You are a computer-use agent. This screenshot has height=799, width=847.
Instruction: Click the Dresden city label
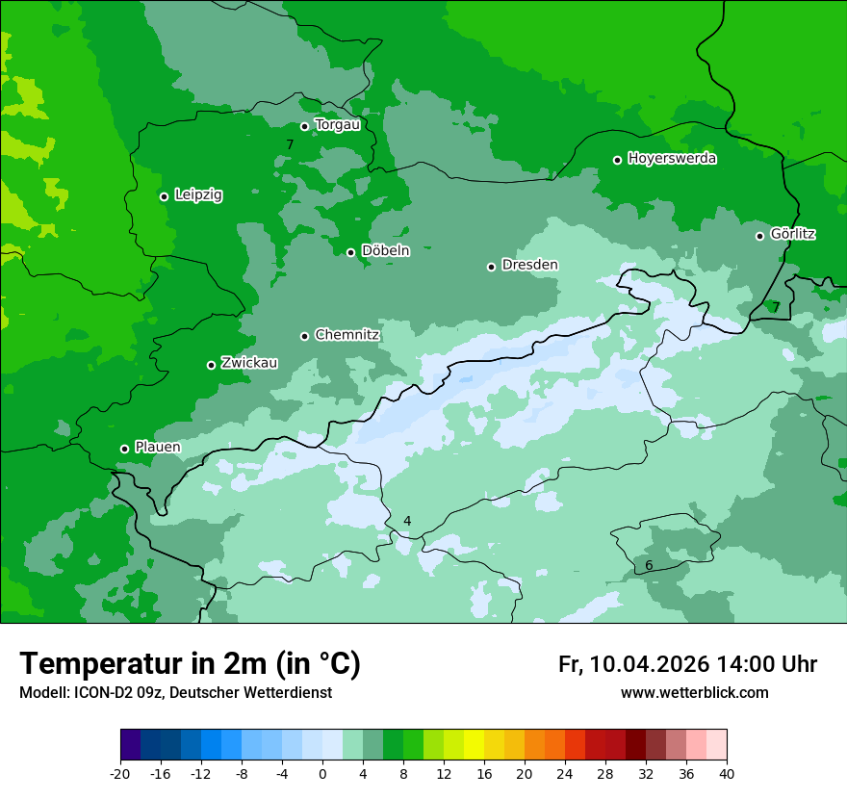[529, 265]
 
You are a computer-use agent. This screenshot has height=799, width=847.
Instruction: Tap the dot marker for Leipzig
[164, 196]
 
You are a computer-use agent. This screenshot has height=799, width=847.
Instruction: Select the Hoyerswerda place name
[672, 159]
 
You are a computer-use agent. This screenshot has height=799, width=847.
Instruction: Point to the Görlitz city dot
[759, 236]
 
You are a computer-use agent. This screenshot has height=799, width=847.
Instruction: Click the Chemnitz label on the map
[346, 335]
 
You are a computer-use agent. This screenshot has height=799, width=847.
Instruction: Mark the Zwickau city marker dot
[211, 365]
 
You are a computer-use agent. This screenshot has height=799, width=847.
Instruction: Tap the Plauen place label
[157, 448]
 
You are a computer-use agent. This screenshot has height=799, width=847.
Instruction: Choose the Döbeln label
[385, 251]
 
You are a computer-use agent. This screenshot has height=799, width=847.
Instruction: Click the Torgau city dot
[304, 126]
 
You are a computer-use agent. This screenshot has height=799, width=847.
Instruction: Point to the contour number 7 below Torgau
[289, 145]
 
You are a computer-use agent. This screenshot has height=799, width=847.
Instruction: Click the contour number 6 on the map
[649, 565]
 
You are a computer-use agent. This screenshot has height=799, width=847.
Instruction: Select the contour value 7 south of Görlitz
[776, 307]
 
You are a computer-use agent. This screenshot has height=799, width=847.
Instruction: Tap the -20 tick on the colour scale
[120, 774]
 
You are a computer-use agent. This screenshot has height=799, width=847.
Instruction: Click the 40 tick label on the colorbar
[727, 774]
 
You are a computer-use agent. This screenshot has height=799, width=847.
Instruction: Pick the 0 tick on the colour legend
[322, 774]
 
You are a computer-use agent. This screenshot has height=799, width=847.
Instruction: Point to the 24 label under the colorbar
[565, 774]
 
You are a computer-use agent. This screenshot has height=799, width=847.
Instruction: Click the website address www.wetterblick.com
[694, 693]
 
